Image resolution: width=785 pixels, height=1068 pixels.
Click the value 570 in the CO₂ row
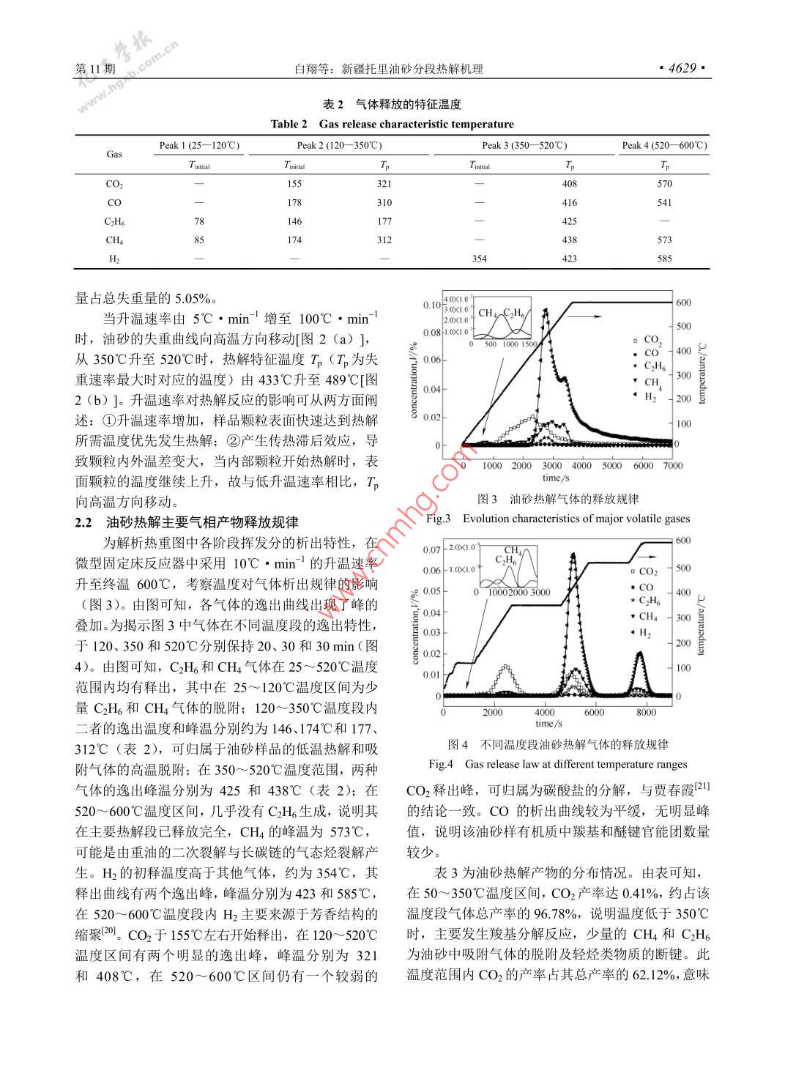pyautogui.click(x=664, y=184)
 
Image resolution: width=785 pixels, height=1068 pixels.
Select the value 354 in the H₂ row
pyautogui.click(x=479, y=259)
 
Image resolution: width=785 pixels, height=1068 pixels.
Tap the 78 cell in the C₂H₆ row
pyautogui.click(x=199, y=221)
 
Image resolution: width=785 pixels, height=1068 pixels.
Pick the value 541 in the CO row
pyautogui.click(x=664, y=203)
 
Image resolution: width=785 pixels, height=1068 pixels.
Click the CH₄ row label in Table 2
pyautogui.click(x=114, y=240)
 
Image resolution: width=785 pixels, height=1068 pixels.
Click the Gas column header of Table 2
pyautogui.click(x=114, y=154)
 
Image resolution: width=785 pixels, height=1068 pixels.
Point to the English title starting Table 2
pyautogui.click(x=392, y=124)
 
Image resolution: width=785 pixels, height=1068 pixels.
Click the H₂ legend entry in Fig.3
pyautogui.click(x=650, y=396)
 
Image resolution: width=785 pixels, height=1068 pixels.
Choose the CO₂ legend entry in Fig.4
pyautogui.click(x=647, y=571)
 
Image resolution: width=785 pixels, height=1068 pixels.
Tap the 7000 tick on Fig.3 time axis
pyautogui.click(x=672, y=465)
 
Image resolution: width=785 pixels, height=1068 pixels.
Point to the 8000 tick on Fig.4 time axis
pyautogui.click(x=646, y=712)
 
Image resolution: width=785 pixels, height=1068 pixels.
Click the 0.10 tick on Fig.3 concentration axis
pyautogui.click(x=432, y=305)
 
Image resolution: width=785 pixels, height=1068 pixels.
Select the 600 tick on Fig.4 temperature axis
pyautogui.click(x=682, y=541)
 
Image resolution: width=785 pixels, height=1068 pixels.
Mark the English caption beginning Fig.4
pyautogui.click(x=558, y=764)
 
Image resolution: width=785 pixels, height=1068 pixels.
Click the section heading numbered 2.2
pyautogui.click(x=187, y=522)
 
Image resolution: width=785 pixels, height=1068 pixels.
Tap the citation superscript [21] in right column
pyautogui.click(x=702, y=786)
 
